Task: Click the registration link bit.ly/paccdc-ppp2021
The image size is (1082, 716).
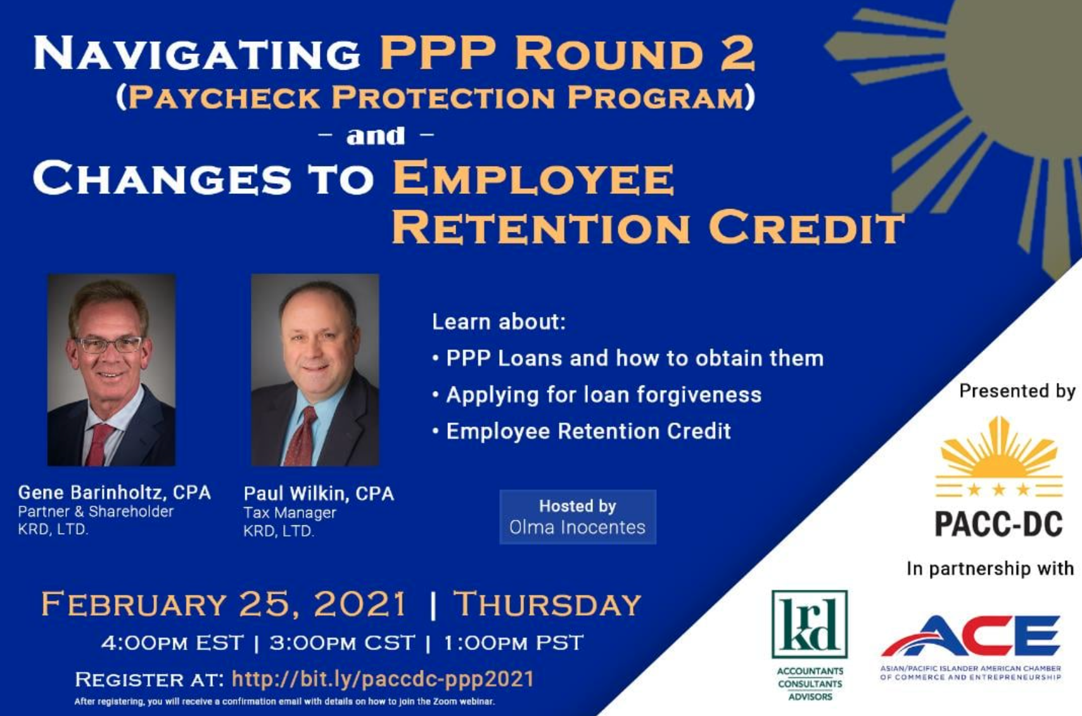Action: pyautogui.click(x=383, y=679)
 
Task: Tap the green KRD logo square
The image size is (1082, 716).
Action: pyautogui.click(x=810, y=623)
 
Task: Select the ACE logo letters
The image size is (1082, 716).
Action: pyautogui.click(x=971, y=634)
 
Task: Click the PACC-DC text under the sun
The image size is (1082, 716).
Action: pyautogui.click(x=999, y=523)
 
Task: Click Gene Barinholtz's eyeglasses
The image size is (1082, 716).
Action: pyautogui.click(x=109, y=344)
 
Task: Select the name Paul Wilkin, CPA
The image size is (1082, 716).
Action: pyautogui.click(x=319, y=494)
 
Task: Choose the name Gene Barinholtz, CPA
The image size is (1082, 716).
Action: pyautogui.click(x=115, y=492)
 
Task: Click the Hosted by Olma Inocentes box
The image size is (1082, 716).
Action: pyautogui.click(x=578, y=517)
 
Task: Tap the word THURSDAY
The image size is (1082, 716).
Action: pyautogui.click(x=547, y=604)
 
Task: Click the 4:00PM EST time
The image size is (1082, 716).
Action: pyautogui.click(x=172, y=643)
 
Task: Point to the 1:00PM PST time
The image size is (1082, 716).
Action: pyautogui.click(x=513, y=643)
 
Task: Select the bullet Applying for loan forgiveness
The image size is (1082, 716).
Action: pyautogui.click(x=597, y=395)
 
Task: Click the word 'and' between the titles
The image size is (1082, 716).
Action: pyautogui.click(x=376, y=136)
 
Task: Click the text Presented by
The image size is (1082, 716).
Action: pyautogui.click(x=1017, y=391)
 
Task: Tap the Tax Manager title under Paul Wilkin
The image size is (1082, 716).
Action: pyautogui.click(x=290, y=513)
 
